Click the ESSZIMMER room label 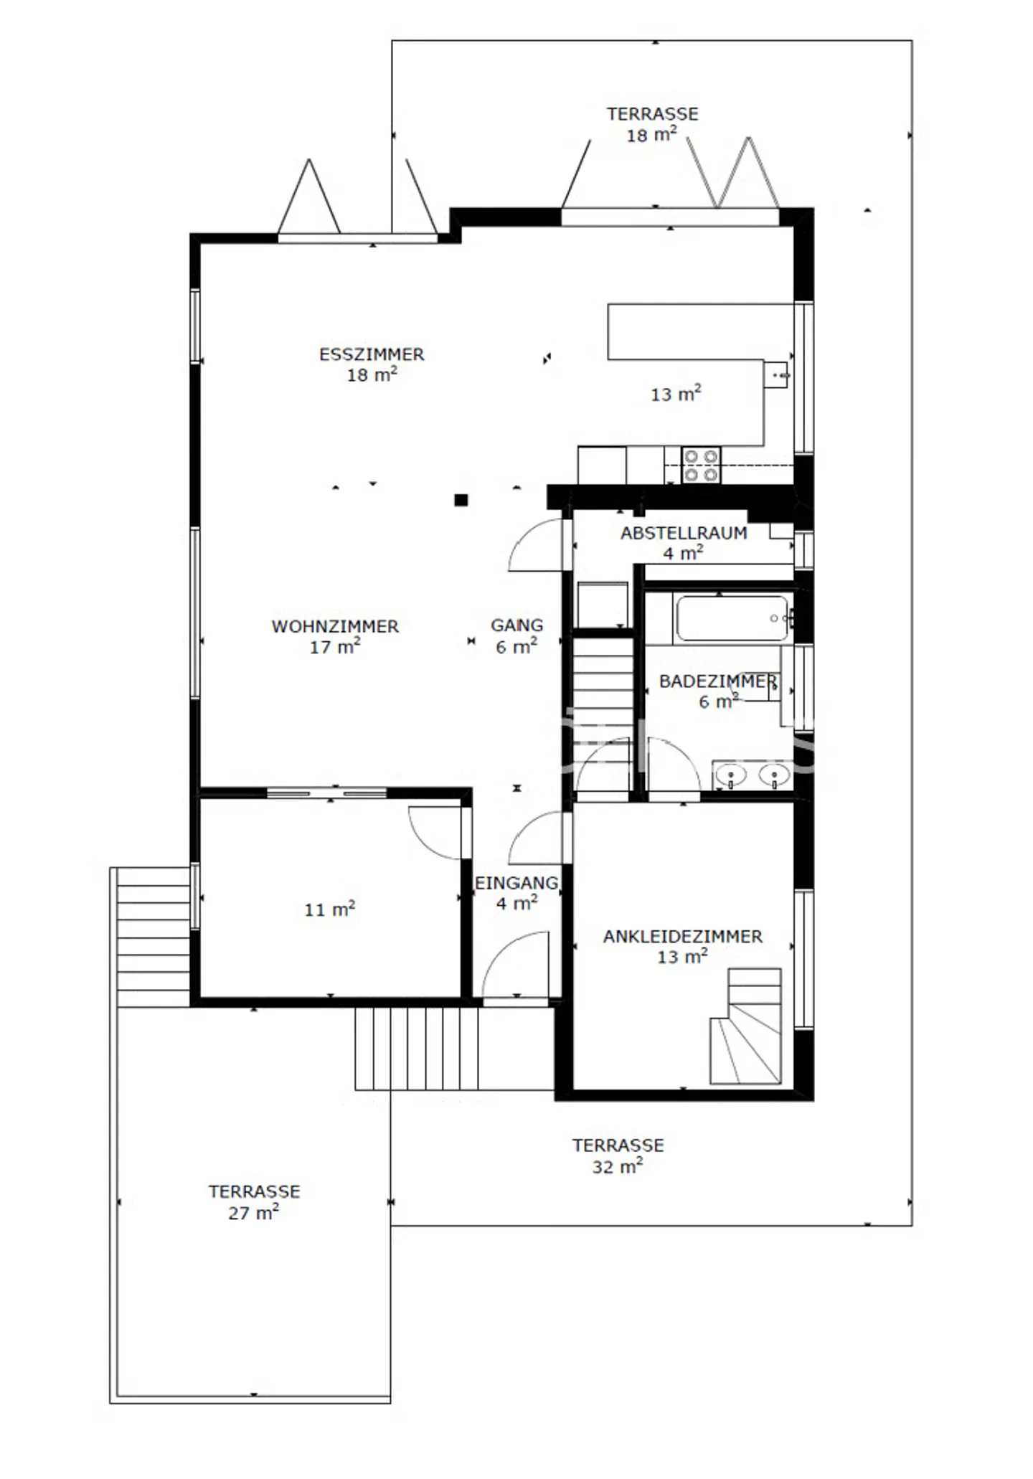click(x=372, y=354)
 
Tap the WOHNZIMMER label click(x=335, y=626)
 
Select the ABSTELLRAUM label click(x=684, y=533)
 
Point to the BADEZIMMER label click(x=718, y=681)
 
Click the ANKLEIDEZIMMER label click(x=683, y=936)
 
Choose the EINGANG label click(x=516, y=883)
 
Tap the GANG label click(x=516, y=625)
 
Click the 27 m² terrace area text click(x=253, y=1211)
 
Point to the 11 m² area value click(x=329, y=909)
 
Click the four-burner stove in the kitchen click(x=701, y=465)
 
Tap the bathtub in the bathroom click(x=732, y=618)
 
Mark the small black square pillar click(x=461, y=500)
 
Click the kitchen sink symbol click(x=775, y=374)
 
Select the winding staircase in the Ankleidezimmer click(x=745, y=1026)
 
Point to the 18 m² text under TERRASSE click(x=651, y=134)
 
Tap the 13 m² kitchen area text click(x=676, y=394)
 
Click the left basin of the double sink click(x=732, y=775)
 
